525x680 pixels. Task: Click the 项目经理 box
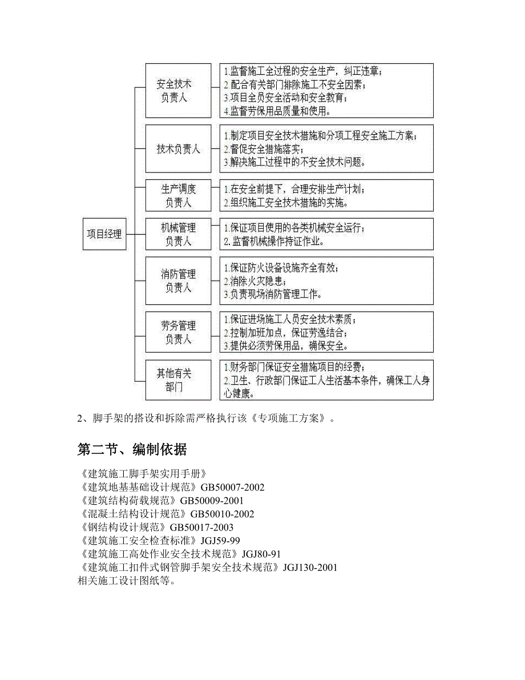[104, 234]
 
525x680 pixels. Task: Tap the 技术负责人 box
[178, 149]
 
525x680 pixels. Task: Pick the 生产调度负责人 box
[178, 195]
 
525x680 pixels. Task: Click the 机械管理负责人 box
[178, 234]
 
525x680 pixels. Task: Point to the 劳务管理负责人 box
[178, 332]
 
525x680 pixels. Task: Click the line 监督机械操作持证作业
[274, 242]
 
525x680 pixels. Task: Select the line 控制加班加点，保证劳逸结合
[285, 333]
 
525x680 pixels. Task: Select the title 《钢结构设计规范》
[123, 527]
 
